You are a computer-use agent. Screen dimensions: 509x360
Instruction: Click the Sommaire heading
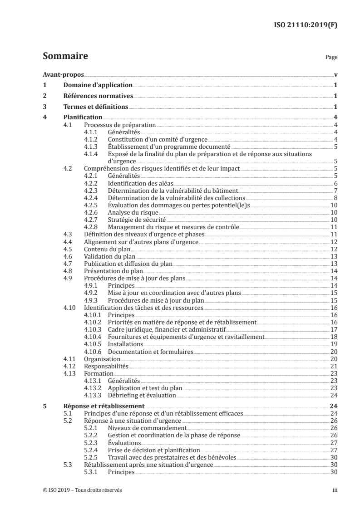point(65,57)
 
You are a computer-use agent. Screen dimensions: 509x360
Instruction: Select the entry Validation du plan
point(107,256)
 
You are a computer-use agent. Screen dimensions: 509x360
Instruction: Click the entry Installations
point(124,344)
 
